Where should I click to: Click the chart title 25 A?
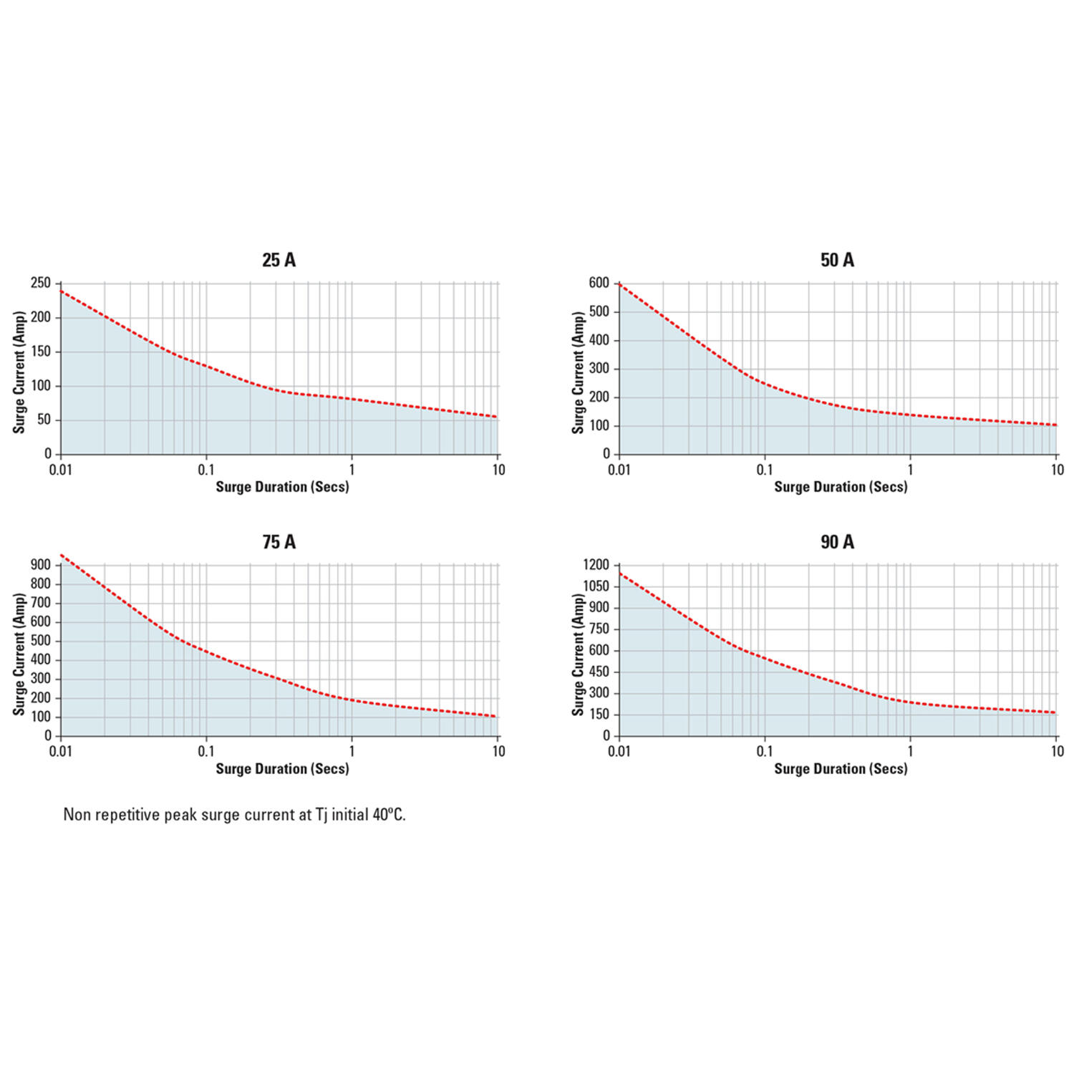click(x=279, y=260)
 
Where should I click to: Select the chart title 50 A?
click(x=837, y=260)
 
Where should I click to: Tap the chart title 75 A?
click(x=279, y=542)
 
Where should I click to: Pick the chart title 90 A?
click(x=837, y=542)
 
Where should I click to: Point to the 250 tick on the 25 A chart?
click(x=41, y=283)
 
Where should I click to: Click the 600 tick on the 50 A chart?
click(x=599, y=283)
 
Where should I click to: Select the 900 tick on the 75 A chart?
click(x=41, y=565)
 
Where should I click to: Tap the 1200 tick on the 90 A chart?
click(x=596, y=565)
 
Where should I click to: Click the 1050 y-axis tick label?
click(x=596, y=586)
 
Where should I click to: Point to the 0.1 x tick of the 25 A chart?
click(x=206, y=470)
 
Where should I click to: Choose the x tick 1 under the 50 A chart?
click(x=910, y=470)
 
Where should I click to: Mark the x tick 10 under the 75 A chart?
click(x=498, y=751)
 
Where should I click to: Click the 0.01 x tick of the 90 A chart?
click(x=619, y=751)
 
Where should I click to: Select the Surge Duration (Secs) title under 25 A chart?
click(x=282, y=487)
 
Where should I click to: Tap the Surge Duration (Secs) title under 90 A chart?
click(x=841, y=769)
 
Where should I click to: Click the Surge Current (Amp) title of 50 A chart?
click(x=578, y=372)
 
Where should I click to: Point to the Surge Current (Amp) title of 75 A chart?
click(x=19, y=654)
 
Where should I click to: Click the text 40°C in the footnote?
click(x=388, y=815)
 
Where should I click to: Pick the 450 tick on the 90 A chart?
click(x=599, y=672)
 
